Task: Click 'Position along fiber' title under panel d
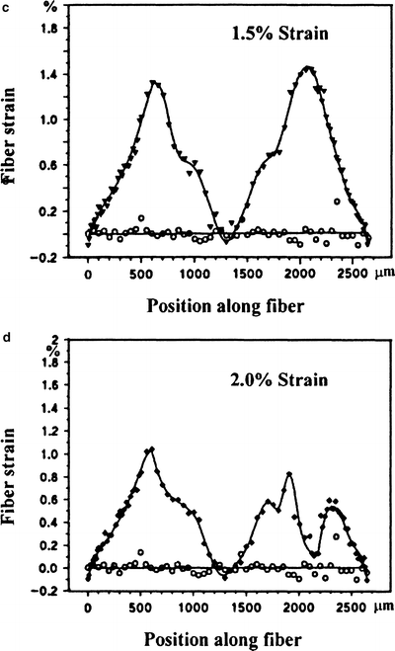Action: click(x=211, y=637)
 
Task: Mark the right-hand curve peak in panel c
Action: click(x=309, y=68)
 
